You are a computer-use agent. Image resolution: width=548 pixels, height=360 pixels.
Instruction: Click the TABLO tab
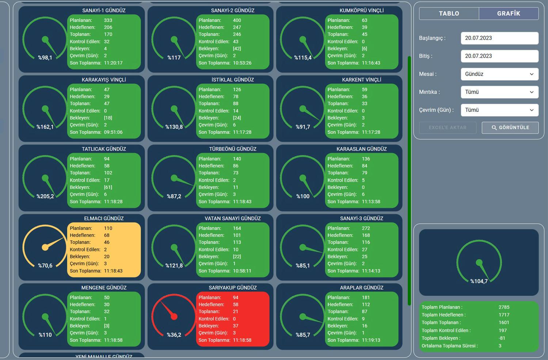coord(449,14)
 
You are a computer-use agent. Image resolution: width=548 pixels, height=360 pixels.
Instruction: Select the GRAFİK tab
coord(509,14)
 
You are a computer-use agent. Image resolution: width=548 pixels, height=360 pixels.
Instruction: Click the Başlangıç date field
coord(499,38)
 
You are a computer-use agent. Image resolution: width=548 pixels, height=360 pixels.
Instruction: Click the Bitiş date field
coord(499,56)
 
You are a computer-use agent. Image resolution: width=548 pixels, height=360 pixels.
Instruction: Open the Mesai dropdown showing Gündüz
coord(499,74)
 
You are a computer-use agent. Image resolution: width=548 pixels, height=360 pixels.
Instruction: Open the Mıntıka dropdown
coord(499,92)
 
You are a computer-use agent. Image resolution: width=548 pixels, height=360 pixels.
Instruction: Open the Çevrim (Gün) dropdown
coord(499,110)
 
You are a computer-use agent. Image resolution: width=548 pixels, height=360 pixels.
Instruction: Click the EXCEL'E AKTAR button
coord(448,128)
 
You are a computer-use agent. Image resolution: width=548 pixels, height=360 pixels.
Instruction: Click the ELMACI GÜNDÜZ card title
coord(104,219)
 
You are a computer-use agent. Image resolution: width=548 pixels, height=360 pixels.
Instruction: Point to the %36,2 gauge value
coord(174,335)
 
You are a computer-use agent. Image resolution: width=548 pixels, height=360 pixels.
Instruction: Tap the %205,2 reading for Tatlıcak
coord(45,196)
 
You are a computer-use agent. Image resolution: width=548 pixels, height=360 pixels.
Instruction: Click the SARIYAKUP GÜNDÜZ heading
coord(233,288)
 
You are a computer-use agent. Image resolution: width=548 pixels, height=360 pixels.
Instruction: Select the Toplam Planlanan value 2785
coord(504,307)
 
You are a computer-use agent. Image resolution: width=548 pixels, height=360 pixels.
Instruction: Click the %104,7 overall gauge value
coord(479,281)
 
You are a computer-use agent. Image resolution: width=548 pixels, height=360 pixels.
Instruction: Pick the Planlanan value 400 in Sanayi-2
coord(237,20)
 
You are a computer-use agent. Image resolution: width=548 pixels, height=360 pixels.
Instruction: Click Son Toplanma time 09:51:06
coord(113,132)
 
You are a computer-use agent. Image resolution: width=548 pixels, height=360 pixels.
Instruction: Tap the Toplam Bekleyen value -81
coord(502,338)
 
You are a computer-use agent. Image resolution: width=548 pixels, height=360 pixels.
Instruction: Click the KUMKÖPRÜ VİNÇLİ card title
coord(361,11)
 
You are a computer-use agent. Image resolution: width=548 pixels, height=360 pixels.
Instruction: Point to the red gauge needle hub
coord(174,317)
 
